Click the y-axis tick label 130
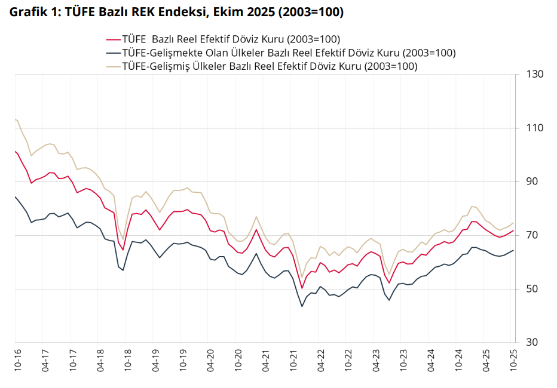click(534, 75)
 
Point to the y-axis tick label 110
click(534, 128)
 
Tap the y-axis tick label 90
click(532, 182)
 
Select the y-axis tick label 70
click(532, 236)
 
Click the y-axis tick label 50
click(532, 290)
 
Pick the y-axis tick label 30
click(532, 343)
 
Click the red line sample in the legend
click(113, 39)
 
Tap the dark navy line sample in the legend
click(113, 53)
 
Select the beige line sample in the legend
click(113, 66)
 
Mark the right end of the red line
click(513, 230)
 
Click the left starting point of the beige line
click(15, 119)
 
